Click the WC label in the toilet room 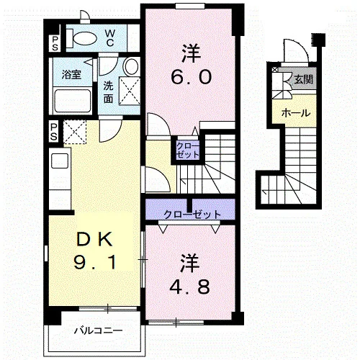(109, 37)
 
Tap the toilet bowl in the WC (84, 38)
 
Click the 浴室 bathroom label (71, 74)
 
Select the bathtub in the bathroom (72, 101)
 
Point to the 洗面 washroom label (108, 92)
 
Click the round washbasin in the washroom (132, 66)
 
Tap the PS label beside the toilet (55, 43)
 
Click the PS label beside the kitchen (54, 132)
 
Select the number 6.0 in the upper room (192, 77)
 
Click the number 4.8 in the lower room (189, 287)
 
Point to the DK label (94, 239)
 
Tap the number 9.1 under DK (95, 262)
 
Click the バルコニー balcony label (99, 331)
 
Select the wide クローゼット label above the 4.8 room (192, 214)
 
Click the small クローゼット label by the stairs (188, 150)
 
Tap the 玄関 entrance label (304, 79)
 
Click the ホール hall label (296, 112)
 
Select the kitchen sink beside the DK (60, 161)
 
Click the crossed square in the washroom (130, 91)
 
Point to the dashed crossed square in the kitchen (75, 132)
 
